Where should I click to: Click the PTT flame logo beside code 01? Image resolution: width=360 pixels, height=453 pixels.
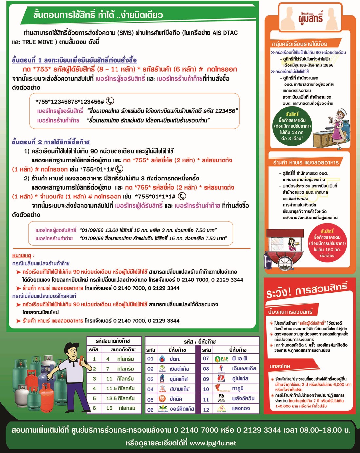(x=162, y=359)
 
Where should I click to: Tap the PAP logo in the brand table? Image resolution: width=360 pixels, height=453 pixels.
(x=222, y=359)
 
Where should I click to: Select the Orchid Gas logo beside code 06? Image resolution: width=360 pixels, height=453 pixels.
(x=163, y=408)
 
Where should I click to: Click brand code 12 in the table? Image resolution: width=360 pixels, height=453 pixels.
(x=206, y=409)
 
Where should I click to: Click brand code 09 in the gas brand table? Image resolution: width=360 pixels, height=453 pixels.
(x=206, y=379)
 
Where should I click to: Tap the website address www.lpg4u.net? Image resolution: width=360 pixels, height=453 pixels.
(x=213, y=443)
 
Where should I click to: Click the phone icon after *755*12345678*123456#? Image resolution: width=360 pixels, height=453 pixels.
(x=110, y=101)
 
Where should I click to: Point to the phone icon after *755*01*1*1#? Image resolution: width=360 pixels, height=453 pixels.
(x=182, y=196)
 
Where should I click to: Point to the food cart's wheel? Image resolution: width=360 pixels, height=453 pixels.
(x=285, y=262)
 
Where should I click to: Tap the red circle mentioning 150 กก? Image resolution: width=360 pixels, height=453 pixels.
(x=327, y=243)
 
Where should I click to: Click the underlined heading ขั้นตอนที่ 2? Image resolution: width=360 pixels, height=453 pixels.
(x=51, y=142)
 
